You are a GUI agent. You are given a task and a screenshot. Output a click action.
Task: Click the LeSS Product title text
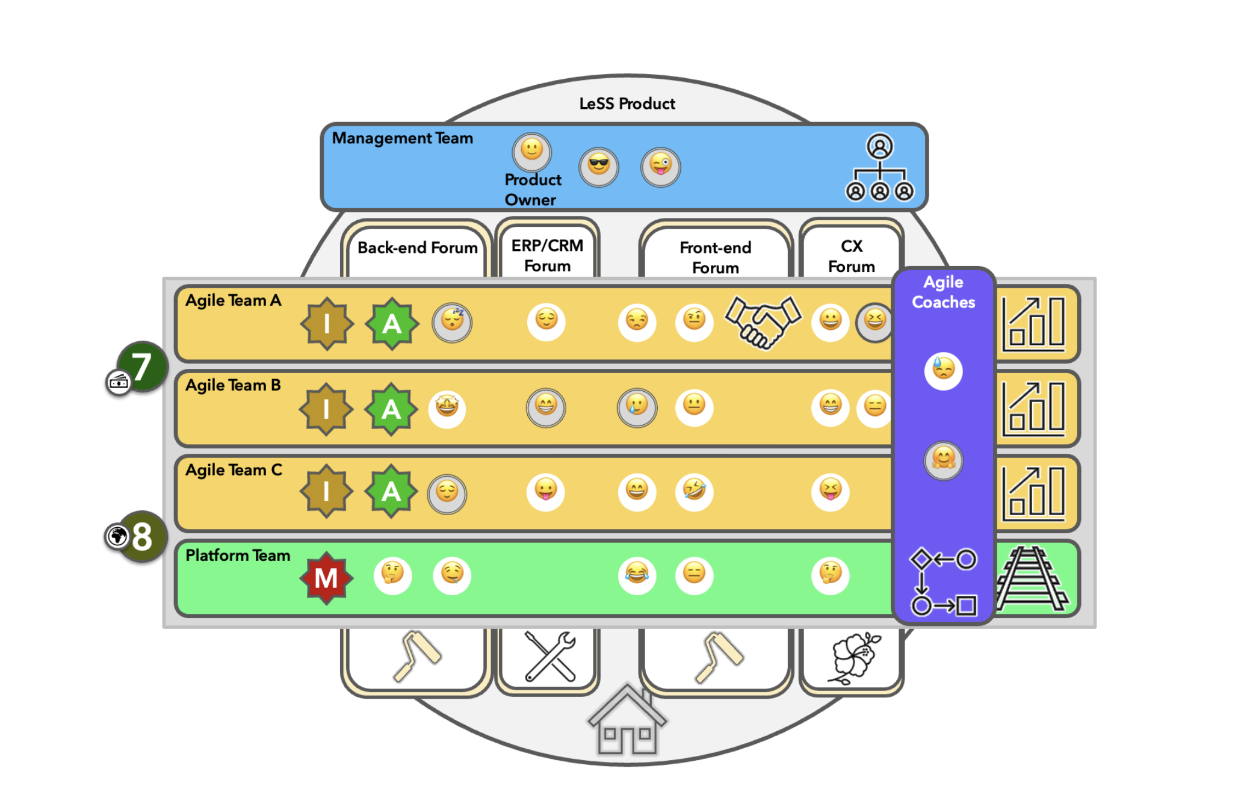[627, 104]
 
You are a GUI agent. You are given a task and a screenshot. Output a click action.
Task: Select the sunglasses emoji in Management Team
[598, 165]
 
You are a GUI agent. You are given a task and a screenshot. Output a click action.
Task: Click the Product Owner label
[532, 189]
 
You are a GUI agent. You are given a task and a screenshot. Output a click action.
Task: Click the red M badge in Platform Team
[326, 578]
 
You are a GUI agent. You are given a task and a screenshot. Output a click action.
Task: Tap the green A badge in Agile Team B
[391, 409]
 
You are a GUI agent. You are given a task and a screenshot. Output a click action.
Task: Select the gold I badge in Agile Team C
[326, 491]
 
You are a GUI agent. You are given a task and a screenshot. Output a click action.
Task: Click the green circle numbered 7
[142, 366]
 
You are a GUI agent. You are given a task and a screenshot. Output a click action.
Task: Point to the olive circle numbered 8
[142, 536]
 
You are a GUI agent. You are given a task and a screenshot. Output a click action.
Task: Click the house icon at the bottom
[627, 720]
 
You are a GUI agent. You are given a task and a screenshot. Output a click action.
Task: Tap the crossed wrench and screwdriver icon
[549, 657]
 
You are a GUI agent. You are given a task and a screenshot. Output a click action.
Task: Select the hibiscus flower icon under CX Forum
[855, 658]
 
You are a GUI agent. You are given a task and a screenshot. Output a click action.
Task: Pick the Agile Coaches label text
[943, 292]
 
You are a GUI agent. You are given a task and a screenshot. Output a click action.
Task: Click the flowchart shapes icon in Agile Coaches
[943, 582]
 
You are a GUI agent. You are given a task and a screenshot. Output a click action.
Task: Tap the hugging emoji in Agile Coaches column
[943, 460]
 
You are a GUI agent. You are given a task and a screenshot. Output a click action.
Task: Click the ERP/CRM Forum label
[547, 255]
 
